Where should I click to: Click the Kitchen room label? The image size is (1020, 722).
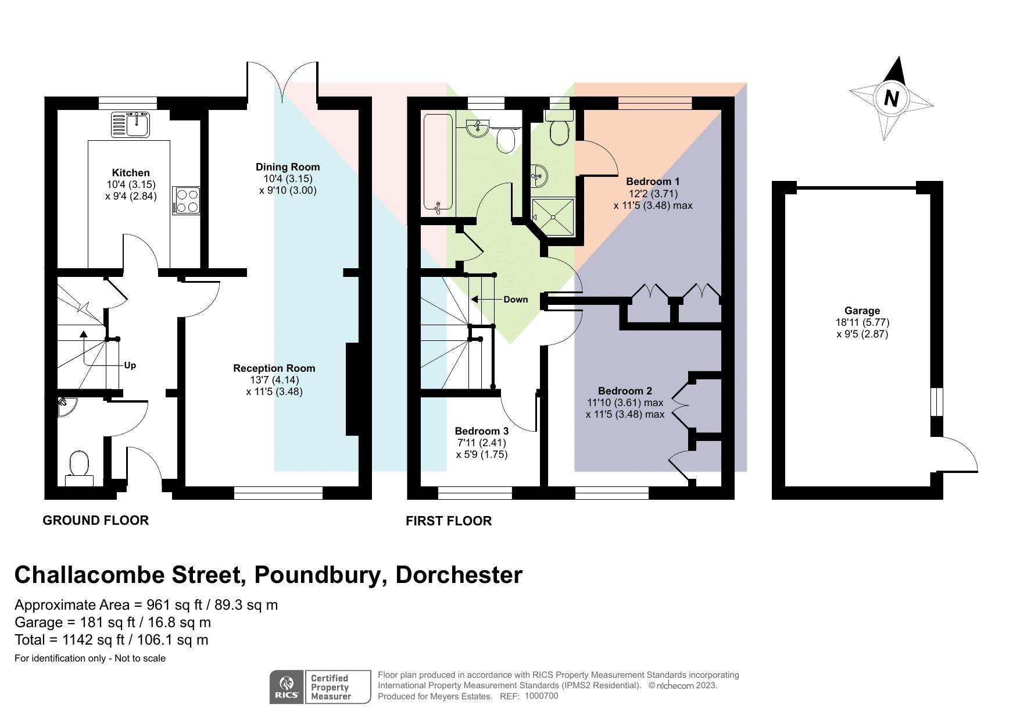click(131, 173)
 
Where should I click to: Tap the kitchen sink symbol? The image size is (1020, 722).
click(131, 124)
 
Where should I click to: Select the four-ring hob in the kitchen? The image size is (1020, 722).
click(186, 201)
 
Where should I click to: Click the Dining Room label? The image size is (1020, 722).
click(288, 167)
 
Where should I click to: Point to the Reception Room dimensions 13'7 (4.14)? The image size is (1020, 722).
click(274, 380)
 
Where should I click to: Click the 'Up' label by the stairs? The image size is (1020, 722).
click(130, 365)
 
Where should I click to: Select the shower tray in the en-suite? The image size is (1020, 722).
click(553, 216)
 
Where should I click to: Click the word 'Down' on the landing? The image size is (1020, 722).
click(516, 299)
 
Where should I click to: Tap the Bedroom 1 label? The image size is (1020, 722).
click(653, 182)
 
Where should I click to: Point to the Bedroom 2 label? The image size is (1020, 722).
click(625, 391)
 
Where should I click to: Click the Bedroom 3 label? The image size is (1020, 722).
click(481, 431)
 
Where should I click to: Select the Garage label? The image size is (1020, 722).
click(862, 311)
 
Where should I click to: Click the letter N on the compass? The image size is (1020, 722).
click(891, 98)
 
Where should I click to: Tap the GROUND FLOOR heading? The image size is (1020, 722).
click(96, 520)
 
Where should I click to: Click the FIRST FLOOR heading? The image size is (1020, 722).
click(449, 521)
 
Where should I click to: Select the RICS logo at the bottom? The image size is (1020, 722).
click(286, 687)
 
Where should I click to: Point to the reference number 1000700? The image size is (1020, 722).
click(541, 696)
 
